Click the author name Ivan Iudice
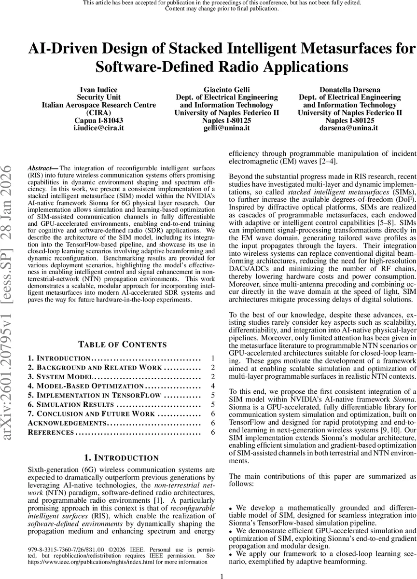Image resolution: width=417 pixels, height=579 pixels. [98, 89]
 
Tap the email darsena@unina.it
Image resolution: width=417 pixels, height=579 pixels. [349, 128]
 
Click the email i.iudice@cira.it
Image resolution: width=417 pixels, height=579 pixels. [98, 128]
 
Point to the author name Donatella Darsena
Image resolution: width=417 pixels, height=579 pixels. [349, 89]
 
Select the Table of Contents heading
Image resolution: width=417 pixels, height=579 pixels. [123, 331]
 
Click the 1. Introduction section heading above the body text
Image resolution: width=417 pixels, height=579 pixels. [122, 457]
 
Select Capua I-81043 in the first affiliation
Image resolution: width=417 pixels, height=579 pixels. [98, 121]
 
